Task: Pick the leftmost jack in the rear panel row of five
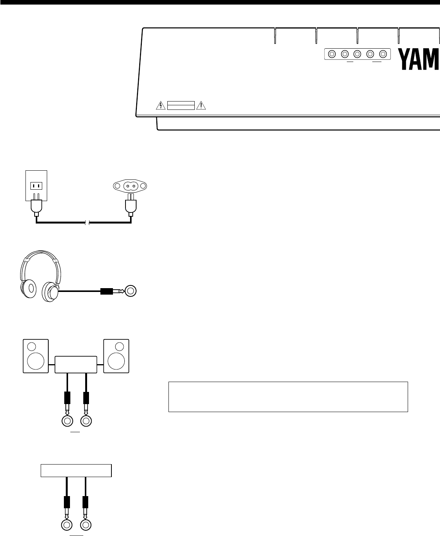point(332,54)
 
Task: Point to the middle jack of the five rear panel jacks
point(357,54)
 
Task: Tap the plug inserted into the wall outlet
point(36,207)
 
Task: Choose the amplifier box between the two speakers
point(76,365)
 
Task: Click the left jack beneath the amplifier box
point(67,421)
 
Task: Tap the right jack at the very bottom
point(86,525)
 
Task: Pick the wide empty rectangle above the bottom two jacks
point(76,470)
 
